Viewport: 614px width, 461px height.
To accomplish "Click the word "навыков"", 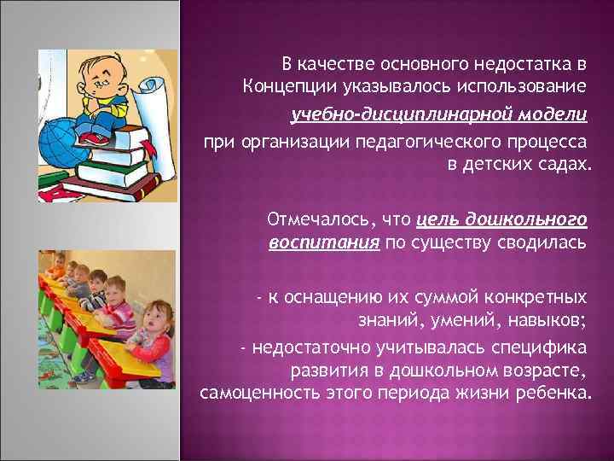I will (542, 321).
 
